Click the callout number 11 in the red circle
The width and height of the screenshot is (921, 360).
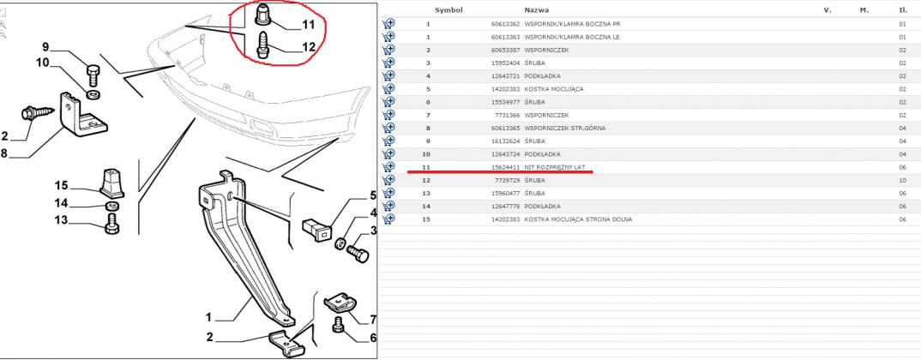tap(308, 25)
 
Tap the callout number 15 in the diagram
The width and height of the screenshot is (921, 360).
tap(62, 186)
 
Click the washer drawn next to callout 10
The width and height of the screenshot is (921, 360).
tap(93, 94)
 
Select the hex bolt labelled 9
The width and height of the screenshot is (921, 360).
tap(94, 75)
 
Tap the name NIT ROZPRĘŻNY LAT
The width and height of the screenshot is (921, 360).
tap(555, 167)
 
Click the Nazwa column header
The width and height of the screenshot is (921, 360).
tap(537, 10)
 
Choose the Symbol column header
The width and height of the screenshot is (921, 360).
tap(448, 10)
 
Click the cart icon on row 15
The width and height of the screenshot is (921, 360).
tap(388, 219)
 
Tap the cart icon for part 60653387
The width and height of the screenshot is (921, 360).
tap(388, 50)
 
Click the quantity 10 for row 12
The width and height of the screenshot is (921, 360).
tap(902, 180)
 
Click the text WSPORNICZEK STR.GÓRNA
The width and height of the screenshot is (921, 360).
tap(565, 128)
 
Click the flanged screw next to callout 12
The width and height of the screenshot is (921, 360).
tap(262, 46)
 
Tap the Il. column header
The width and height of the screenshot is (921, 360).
tap(903, 10)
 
